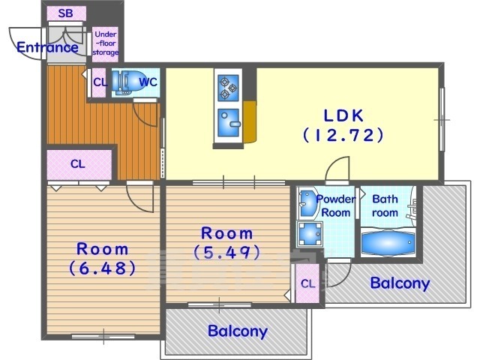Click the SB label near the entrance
coord(65,13)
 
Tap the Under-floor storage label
coord(106,43)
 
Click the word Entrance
coord(47,47)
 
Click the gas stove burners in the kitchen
coord(228,88)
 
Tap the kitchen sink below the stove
coord(228,122)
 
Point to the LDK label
coord(343,115)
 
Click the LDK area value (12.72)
coord(343,135)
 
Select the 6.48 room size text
coord(102,268)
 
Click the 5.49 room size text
coord(226,253)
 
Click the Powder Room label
coord(336,205)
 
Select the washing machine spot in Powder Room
coord(310,234)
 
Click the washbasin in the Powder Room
coord(307,204)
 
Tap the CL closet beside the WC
coord(99,82)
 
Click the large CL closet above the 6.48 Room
coord(79,164)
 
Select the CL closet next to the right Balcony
coord(307,283)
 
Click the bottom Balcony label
coord(238,331)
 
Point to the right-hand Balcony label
coord(400,283)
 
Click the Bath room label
coord(385,205)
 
